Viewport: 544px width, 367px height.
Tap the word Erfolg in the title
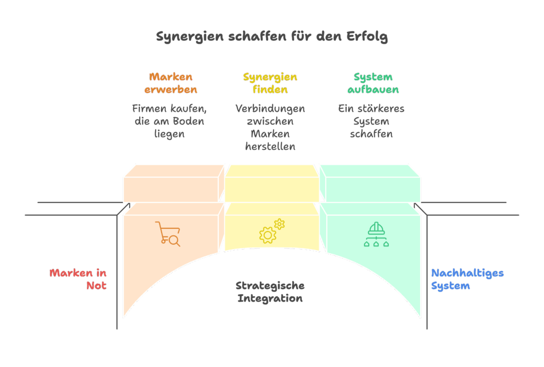[367, 37]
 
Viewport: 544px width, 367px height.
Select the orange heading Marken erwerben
[171, 83]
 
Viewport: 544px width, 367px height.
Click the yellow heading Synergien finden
[270, 83]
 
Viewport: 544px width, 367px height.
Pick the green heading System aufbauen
[373, 83]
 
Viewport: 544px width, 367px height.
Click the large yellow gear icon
[267, 235]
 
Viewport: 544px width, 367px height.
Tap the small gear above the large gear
[279, 224]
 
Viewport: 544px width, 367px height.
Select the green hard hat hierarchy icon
[376, 234]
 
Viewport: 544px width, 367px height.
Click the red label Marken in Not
[78, 279]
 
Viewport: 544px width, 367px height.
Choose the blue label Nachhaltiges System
[467, 279]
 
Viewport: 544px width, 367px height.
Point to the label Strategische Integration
[270, 292]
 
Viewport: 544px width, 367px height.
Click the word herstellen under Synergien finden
[270, 147]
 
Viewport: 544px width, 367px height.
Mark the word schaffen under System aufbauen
[371, 134]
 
